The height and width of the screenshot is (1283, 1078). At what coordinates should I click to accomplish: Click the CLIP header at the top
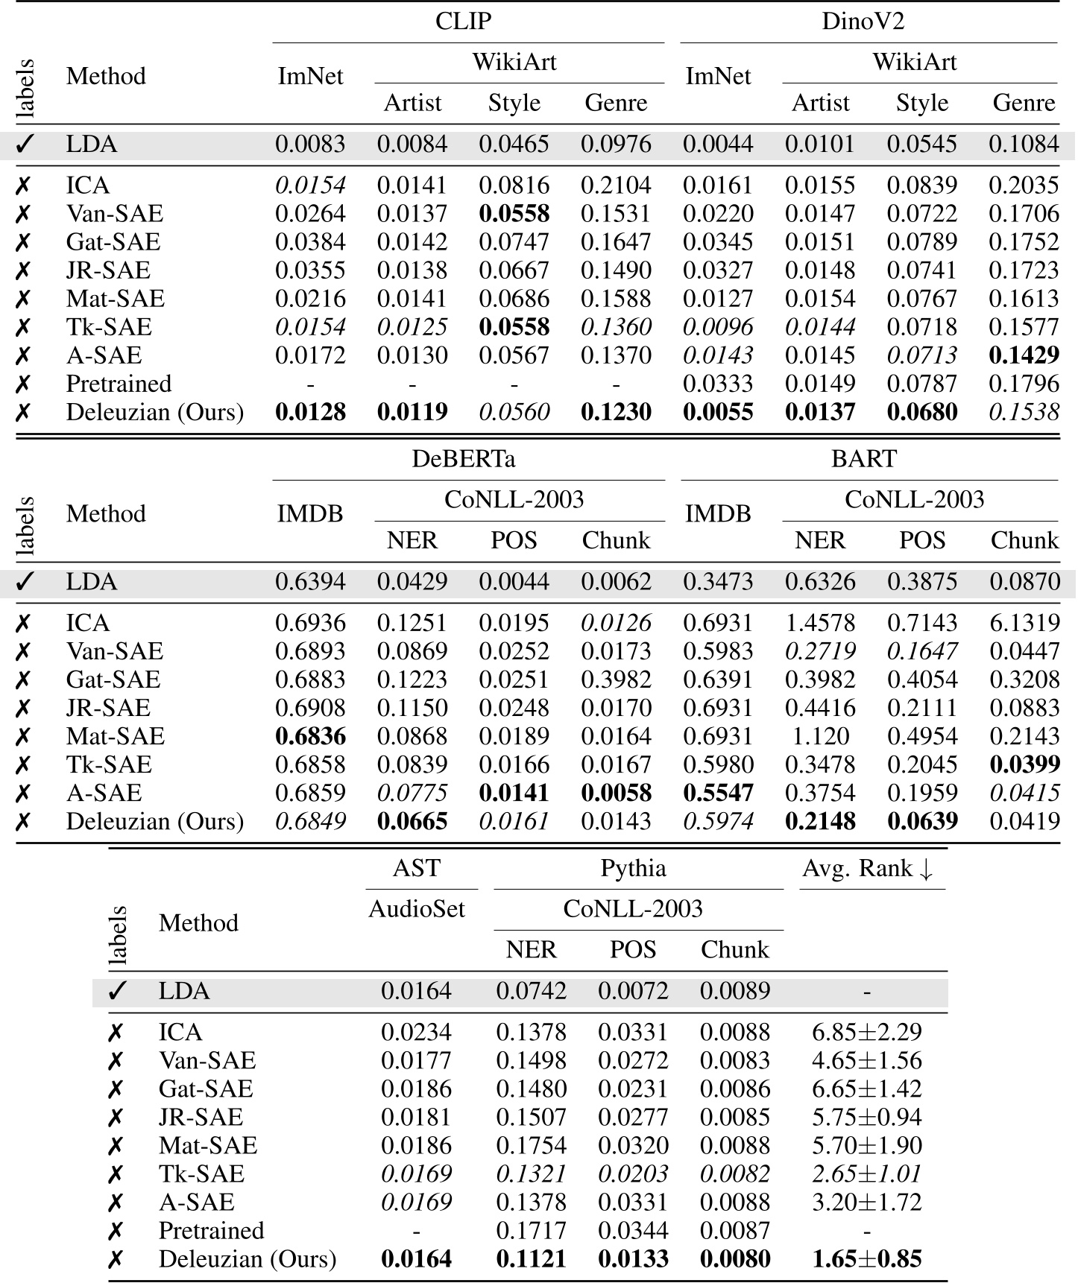463,21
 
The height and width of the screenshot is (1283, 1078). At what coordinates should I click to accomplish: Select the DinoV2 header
863,21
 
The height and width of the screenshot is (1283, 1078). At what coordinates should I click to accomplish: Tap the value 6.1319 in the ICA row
1024,623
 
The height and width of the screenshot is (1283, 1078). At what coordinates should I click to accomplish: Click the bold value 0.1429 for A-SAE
1024,355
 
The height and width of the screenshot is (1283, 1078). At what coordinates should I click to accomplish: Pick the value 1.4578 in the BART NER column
819,623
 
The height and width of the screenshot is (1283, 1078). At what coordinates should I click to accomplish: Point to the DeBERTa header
463,458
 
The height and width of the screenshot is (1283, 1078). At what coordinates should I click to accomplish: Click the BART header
863,458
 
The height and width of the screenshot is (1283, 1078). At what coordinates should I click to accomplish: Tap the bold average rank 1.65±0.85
866,1259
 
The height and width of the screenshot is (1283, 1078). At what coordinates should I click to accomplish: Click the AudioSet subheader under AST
416,909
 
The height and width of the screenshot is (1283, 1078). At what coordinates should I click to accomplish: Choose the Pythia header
633,868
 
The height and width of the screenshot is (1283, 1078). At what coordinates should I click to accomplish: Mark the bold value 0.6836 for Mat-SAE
310,736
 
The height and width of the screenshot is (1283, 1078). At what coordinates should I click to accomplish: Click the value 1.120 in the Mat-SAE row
819,736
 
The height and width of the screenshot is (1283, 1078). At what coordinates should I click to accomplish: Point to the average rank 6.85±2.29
866,1032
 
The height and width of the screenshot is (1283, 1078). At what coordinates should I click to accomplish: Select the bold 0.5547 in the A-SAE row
718,793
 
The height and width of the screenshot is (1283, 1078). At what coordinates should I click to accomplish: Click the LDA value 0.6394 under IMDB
310,582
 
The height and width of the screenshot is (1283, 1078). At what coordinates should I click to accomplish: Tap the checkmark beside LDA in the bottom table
117,992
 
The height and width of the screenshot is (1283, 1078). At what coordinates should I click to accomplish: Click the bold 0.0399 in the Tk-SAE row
1024,764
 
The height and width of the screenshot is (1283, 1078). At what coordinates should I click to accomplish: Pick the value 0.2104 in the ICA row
616,186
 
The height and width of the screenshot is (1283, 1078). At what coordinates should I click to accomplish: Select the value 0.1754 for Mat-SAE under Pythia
531,1145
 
